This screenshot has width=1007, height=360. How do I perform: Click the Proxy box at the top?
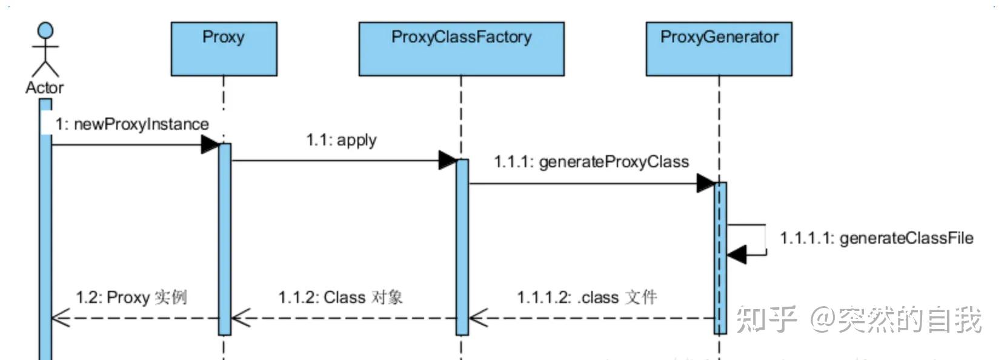[224, 49]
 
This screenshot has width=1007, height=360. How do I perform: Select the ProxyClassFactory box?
[461, 49]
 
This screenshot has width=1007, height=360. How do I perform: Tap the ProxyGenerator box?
[719, 49]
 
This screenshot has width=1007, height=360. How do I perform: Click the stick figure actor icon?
[45, 50]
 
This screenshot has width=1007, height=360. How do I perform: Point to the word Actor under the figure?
[44, 88]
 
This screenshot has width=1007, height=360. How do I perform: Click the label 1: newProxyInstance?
[132, 124]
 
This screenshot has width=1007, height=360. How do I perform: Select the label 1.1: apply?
[341, 140]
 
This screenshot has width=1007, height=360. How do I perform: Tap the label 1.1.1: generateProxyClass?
[591, 162]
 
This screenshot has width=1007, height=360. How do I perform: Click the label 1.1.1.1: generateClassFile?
[876, 238]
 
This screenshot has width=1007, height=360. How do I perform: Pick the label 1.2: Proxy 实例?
[131, 298]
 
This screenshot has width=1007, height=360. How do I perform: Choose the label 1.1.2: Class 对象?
[341, 298]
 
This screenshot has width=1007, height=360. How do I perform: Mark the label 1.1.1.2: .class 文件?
[587, 298]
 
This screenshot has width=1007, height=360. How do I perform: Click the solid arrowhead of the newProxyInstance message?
[210, 144]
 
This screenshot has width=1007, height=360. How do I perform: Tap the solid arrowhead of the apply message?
[447, 161]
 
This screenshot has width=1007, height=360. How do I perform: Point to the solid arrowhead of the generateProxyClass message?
[705, 183]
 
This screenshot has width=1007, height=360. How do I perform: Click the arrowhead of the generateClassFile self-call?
[736, 255]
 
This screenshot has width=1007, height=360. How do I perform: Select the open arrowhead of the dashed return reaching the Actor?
[60, 318]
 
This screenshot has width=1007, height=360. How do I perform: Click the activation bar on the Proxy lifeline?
[224, 239]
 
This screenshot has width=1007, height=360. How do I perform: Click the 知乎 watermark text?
[766, 319]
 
